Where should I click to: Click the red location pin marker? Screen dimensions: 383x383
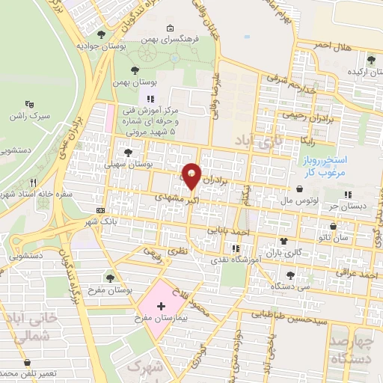pos(191,175)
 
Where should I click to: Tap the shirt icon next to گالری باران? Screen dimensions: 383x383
pos(284,241)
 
